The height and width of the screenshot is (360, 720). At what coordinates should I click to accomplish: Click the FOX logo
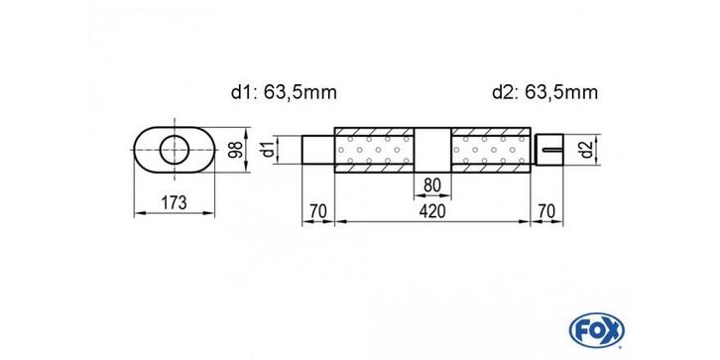coord(596,330)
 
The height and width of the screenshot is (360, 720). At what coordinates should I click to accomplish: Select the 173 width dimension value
coord(174,202)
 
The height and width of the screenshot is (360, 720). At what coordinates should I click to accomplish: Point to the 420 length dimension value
coord(432,211)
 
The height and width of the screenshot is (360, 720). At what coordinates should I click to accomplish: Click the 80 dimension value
coord(432,186)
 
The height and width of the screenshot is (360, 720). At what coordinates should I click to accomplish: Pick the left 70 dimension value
coord(317,211)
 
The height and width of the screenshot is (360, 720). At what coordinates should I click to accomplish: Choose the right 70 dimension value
coord(546,211)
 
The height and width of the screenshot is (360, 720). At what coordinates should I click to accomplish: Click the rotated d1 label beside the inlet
coord(269,150)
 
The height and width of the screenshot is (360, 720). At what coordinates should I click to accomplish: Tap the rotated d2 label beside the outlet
coord(585,150)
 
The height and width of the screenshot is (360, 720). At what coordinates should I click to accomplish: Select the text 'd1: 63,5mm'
coord(284,93)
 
